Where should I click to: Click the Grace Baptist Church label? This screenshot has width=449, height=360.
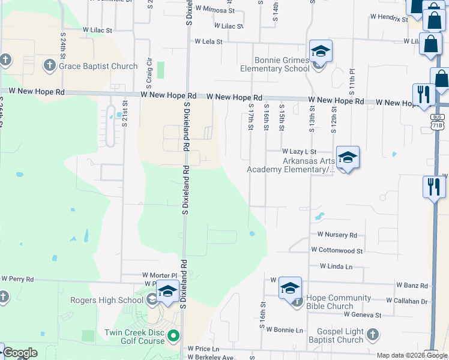click(98, 66)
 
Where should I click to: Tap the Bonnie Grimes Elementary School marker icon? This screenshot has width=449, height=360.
click(321, 52)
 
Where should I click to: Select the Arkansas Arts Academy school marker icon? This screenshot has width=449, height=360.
click(348, 158)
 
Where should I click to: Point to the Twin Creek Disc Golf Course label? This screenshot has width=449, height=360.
click(134, 337)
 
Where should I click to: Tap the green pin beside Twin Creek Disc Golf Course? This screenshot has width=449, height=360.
click(173, 335)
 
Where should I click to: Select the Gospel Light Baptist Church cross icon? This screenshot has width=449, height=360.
click(372, 334)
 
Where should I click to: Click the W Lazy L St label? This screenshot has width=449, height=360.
click(299, 153)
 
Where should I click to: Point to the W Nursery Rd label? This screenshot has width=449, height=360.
click(337, 235)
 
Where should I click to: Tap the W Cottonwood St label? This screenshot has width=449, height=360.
click(337, 250)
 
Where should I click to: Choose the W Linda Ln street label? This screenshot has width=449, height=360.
click(336, 266)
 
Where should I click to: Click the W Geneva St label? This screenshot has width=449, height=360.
click(363, 314)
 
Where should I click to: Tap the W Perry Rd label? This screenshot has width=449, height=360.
click(17, 279)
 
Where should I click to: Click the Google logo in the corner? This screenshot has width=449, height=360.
click(20, 353)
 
